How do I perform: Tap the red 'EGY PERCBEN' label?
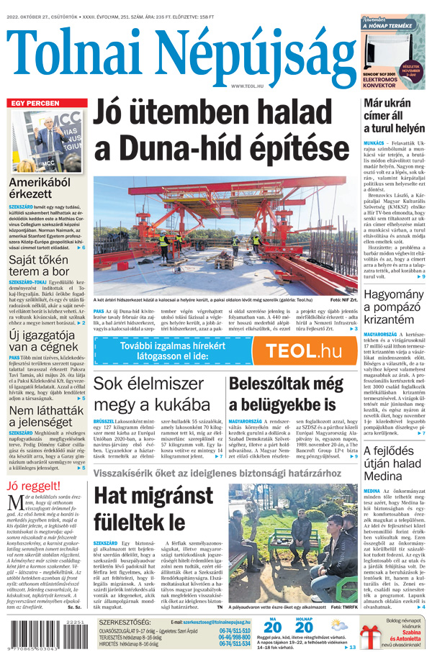click(x=35, y=104)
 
